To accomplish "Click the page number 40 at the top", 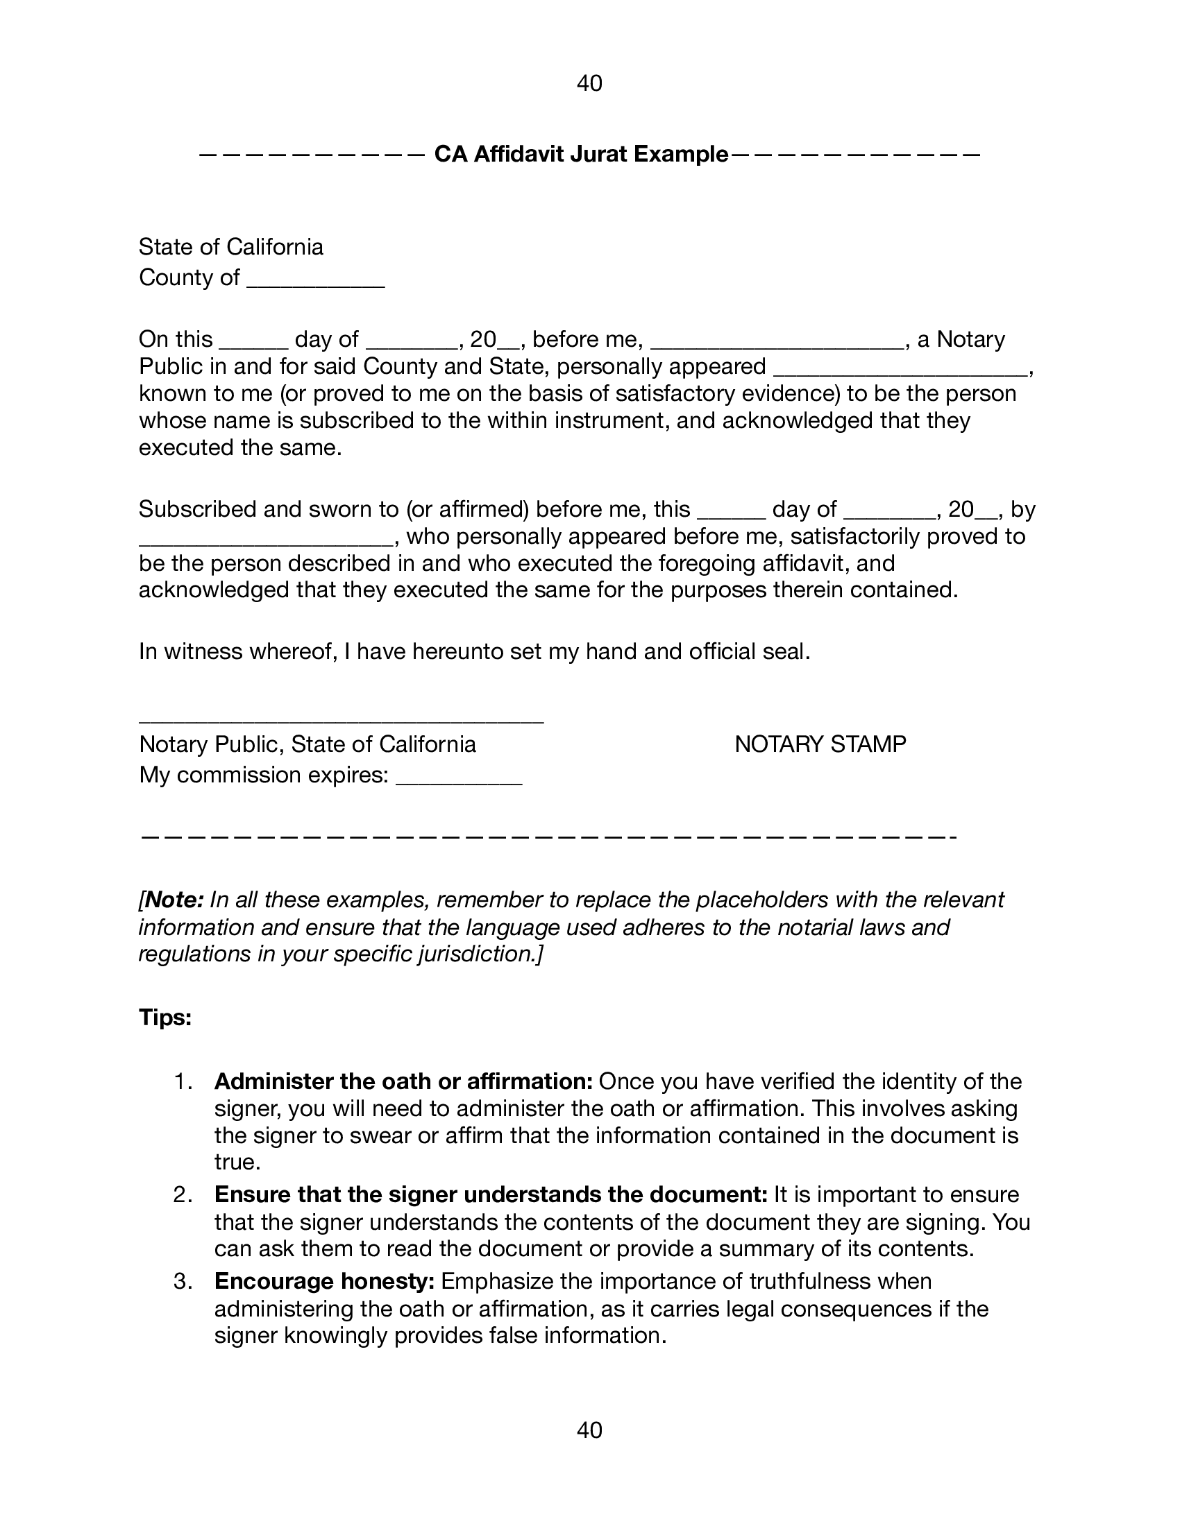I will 589,84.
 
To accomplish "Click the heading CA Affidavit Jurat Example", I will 581,154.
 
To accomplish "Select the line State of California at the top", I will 230,247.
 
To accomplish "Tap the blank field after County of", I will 316,280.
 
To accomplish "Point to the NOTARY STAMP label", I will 820,744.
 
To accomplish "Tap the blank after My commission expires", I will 459,777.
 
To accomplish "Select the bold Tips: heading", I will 165,1018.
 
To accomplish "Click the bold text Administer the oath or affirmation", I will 403,1081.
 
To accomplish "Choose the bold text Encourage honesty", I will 325,1281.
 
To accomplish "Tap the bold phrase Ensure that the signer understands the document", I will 491,1195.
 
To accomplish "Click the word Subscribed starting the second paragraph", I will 197,509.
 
